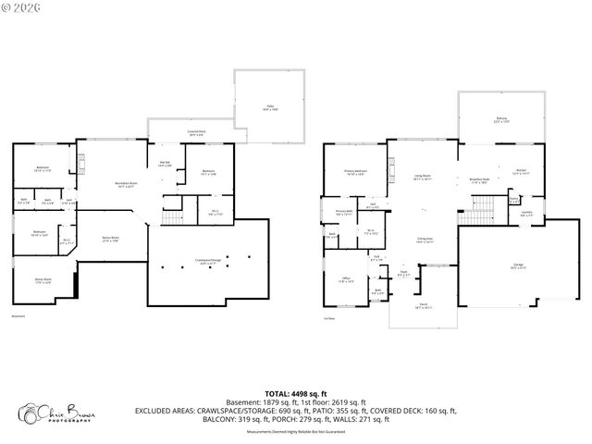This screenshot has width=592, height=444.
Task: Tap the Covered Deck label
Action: (x=196, y=132)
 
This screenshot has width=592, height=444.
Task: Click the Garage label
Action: (x=518, y=265)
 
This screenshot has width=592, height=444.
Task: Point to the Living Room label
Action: (x=423, y=177)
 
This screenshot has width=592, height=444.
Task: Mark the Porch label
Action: (x=423, y=306)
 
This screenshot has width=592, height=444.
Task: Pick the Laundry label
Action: (x=525, y=214)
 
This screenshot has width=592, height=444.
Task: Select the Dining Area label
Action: (x=423, y=240)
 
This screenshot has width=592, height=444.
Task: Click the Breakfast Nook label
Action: (x=478, y=181)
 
